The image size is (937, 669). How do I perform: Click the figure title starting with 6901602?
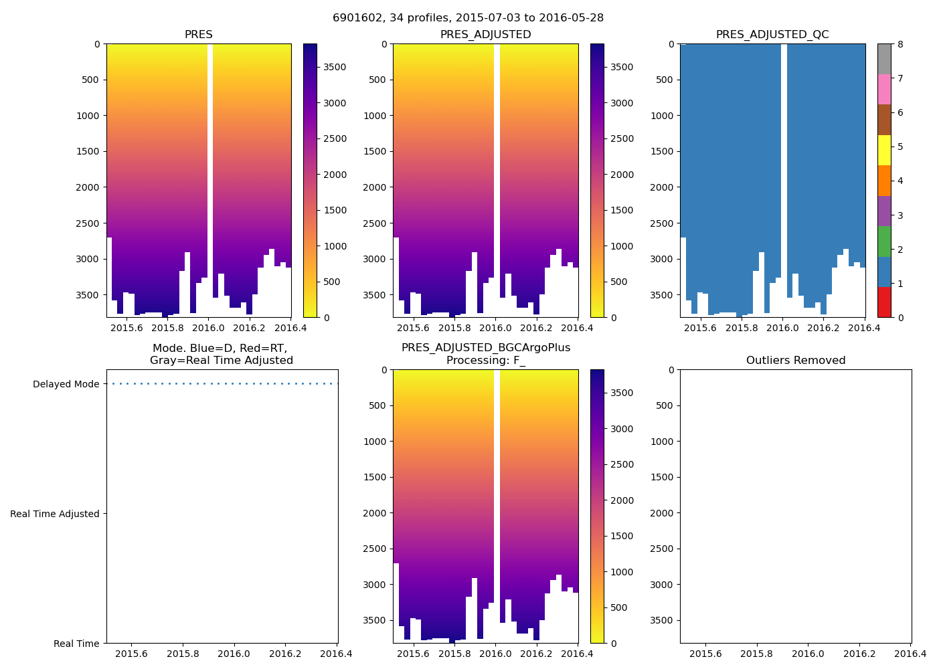coord(468,18)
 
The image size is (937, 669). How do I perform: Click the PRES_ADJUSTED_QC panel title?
coord(772,35)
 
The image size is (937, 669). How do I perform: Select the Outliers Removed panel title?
coord(796,361)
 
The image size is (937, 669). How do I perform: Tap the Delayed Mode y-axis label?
coord(66,384)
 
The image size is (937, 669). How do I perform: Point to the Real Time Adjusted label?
coord(55,514)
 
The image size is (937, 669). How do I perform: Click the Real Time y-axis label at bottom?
coord(76,644)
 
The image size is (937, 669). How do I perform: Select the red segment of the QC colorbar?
coord(884,302)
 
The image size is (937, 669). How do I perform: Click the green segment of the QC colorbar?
coord(884,242)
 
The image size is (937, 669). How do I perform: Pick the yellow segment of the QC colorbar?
coord(884,151)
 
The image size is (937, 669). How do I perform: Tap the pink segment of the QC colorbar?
coord(884,90)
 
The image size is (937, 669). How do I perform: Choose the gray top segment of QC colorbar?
coord(884,59)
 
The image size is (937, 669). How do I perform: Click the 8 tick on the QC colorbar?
coord(900,44)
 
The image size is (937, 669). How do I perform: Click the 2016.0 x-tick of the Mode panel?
coord(234,654)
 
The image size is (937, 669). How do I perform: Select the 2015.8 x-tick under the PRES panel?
coord(167,328)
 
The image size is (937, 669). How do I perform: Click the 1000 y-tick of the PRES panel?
coord(88,116)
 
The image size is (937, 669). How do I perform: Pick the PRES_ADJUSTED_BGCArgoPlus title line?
coord(486,348)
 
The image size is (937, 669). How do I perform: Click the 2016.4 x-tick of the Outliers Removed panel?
coord(910,654)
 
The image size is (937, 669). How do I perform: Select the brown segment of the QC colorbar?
coord(884,120)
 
